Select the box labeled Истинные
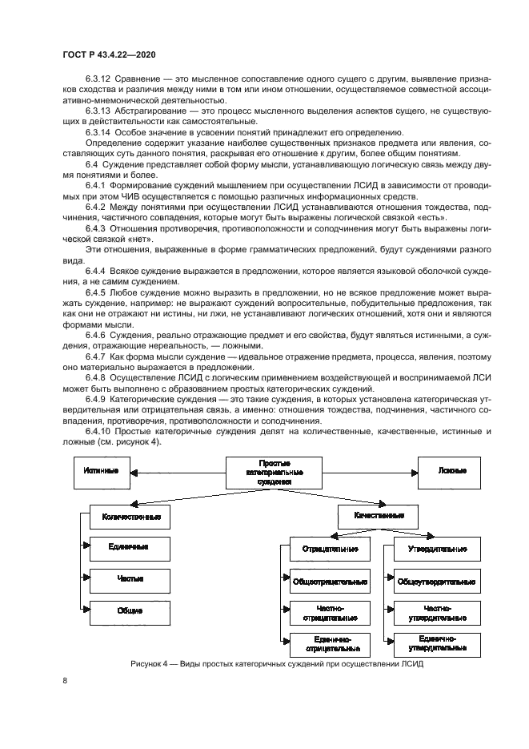coord(102,470)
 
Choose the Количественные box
coord(130,517)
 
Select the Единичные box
coord(130,548)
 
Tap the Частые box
coord(130,578)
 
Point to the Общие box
coord(130,610)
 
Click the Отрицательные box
coord(330,550)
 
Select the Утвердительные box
coord(437,550)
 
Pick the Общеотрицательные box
coord(330,582)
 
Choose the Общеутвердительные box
coord(437,582)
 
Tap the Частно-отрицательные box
coord(330,613)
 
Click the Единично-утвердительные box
coord(437,643)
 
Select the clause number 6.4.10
coord(98,431)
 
